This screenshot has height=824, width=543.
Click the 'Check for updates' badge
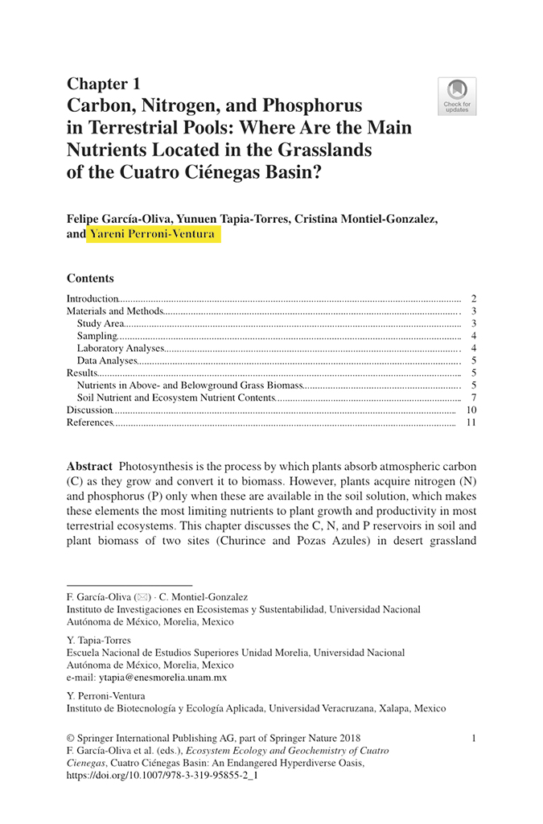(457, 96)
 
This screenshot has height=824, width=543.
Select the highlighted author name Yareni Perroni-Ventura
(153, 234)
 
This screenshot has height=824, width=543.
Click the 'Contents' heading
(90, 278)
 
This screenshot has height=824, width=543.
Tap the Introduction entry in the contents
(93, 299)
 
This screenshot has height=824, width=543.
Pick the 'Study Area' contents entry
(101, 323)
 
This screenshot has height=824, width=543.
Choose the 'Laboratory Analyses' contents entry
(121, 348)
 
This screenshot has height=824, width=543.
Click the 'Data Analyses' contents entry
(108, 360)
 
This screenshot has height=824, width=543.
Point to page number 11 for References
(471, 422)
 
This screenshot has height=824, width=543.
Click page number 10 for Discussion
(471, 410)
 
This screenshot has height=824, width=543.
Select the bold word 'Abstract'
(89, 467)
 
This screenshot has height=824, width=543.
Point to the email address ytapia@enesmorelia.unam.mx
(146, 678)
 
